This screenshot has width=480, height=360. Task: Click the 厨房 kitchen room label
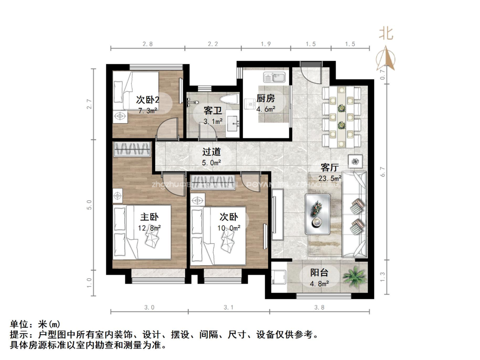(x=266, y=98)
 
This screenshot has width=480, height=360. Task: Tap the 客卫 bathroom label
(x=213, y=111)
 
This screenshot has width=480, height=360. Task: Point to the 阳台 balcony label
(x=319, y=273)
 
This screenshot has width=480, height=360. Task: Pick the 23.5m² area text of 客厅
(x=330, y=178)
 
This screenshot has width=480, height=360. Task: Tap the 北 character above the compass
(x=386, y=33)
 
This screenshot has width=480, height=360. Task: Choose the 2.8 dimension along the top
(x=148, y=44)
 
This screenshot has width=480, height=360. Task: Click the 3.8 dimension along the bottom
(x=319, y=307)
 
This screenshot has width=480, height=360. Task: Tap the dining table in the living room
(x=341, y=116)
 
